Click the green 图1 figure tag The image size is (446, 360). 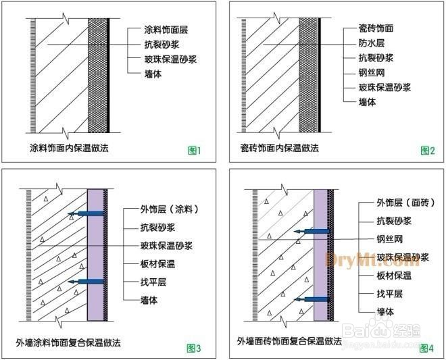pyautogui.click(x=195, y=150)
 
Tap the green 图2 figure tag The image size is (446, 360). pyautogui.click(x=427, y=150)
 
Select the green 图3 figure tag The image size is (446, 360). pyautogui.click(x=195, y=349)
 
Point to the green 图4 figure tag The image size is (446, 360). pyautogui.click(x=426, y=349)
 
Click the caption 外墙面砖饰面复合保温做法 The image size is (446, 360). pyautogui.click(x=289, y=341)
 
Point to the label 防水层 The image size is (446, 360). pyautogui.click(x=372, y=44)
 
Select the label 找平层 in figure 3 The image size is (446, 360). pyautogui.click(x=155, y=282)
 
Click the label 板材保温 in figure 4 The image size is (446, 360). pyautogui.click(x=395, y=276)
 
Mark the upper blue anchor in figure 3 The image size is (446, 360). pyautogui.click(x=86, y=214)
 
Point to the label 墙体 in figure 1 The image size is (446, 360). pyautogui.click(x=153, y=73)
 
